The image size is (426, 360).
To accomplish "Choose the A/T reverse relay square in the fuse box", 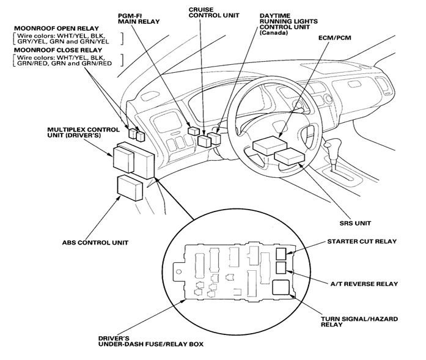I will (x=281, y=268).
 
